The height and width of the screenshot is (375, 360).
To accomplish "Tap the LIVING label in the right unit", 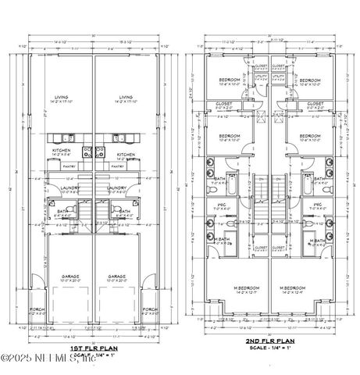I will [125, 98].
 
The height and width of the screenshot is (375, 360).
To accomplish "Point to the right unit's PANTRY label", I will [118, 166].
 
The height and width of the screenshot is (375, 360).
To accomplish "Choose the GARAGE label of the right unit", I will [118, 276].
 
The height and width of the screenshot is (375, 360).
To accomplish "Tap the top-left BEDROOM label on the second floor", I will [230, 80].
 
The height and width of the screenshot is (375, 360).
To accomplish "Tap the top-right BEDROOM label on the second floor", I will [310, 80].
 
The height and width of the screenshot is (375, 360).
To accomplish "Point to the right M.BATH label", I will [318, 240].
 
